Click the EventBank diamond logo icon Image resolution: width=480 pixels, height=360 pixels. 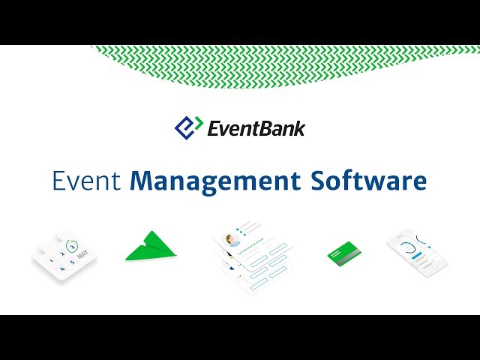(189, 127)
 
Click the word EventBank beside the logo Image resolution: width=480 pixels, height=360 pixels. (256, 128)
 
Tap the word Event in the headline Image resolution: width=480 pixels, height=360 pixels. (88, 182)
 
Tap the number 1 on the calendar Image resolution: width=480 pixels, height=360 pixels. (50, 254)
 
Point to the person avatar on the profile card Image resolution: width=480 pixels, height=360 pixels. (234, 241)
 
